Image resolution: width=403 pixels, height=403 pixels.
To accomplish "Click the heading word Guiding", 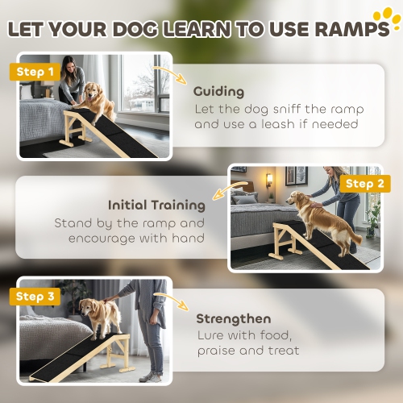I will [x=218, y=92].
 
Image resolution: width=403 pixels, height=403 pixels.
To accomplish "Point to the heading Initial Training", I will [x=156, y=205].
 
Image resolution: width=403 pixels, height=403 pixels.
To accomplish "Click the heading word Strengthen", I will [x=234, y=318].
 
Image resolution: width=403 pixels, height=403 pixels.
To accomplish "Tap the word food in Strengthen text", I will [x=275, y=334].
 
